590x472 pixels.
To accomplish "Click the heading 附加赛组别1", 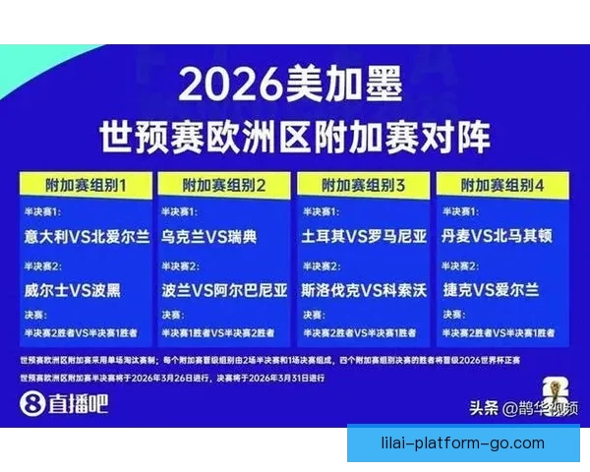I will (x=87, y=185).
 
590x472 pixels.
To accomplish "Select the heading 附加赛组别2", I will (x=225, y=185).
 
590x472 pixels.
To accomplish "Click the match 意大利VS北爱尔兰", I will (x=88, y=237).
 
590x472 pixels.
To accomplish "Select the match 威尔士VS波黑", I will (x=75, y=290).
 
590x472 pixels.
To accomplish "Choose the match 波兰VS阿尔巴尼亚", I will (x=225, y=290).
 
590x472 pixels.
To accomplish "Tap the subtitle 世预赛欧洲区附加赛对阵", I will (x=294, y=136).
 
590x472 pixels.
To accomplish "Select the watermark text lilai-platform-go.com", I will (x=461, y=442).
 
